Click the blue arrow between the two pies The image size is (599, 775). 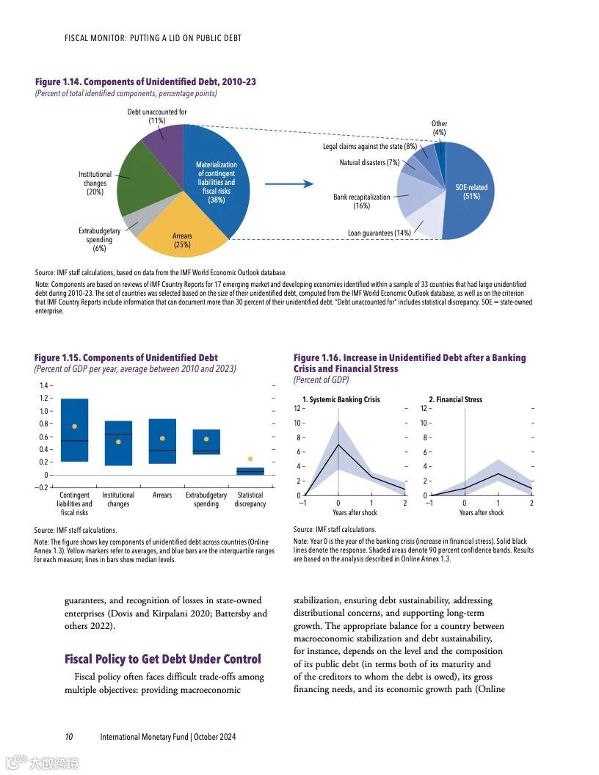tap(288, 184)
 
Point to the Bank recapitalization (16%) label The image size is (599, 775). tap(361, 202)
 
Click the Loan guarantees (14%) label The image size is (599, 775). tap(379, 233)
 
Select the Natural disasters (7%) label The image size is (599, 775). tap(369, 162)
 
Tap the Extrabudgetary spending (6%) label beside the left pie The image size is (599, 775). tap(100, 240)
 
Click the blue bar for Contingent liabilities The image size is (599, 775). tap(74, 430)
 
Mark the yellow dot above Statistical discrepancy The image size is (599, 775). tap(250, 459)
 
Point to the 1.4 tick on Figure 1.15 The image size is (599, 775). tap(44, 385)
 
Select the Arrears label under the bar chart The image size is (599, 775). tap(162, 495)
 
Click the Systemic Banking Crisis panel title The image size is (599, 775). tap(341, 400)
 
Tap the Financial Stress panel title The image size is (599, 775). tap(456, 400)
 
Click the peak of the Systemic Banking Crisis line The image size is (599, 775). tap(338, 444)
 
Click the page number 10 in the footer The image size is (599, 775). tap(68, 737)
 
